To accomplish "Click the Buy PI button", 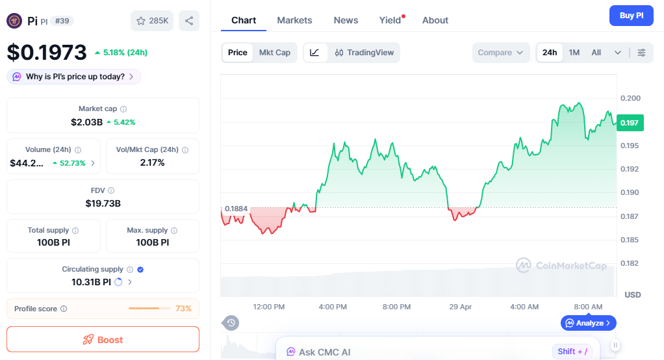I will [x=631, y=16].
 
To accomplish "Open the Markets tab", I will [x=294, y=20].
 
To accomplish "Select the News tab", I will [x=346, y=20].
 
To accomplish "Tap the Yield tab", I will [x=390, y=20].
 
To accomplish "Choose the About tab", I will [x=435, y=20].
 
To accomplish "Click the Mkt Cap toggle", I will [x=274, y=53].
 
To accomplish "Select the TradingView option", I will [x=364, y=53].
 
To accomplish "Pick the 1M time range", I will [x=574, y=53].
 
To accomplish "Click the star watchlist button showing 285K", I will [x=152, y=21].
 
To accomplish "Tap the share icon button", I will [x=189, y=21].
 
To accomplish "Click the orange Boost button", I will [x=103, y=339].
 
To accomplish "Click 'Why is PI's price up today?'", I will [x=74, y=77].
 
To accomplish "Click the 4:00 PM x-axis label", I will [x=333, y=307].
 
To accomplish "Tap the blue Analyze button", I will [x=588, y=323].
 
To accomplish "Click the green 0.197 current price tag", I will [x=629, y=122].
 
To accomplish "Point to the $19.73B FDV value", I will [x=103, y=203].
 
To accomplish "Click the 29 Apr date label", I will [x=461, y=307].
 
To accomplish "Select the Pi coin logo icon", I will [x=14, y=21].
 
